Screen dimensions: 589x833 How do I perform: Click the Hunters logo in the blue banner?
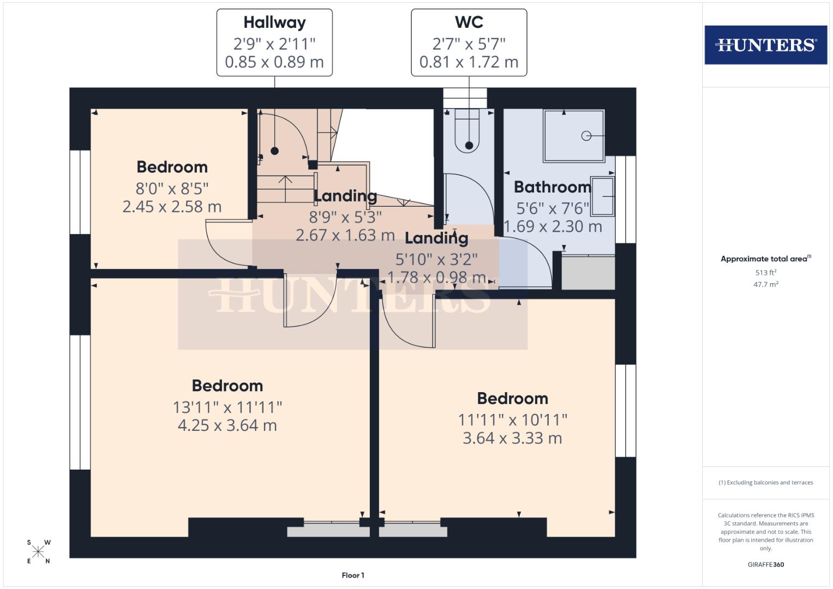(765, 45)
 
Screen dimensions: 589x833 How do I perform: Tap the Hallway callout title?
(274, 22)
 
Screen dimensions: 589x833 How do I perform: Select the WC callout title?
(469, 22)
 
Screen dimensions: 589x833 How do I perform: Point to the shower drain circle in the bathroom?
(586, 136)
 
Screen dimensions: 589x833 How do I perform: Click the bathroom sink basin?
(603, 196)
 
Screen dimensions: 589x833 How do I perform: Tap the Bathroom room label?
(552, 187)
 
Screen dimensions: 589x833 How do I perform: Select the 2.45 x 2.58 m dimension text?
(172, 207)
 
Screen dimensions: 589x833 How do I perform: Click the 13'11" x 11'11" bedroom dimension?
(227, 407)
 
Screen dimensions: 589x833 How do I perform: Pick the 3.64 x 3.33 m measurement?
(512, 438)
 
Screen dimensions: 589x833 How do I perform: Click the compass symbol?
(38, 552)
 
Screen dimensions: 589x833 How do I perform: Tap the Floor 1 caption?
(353, 575)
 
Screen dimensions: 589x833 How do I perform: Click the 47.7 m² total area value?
(765, 284)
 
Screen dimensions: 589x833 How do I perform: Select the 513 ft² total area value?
(765, 273)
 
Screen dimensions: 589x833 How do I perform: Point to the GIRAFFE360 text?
(765, 564)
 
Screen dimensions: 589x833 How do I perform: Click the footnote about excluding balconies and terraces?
(765, 483)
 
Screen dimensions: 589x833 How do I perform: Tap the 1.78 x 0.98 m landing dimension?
(436, 277)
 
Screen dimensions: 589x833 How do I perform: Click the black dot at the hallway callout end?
(275, 151)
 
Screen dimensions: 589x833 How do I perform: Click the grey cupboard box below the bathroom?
(588, 273)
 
